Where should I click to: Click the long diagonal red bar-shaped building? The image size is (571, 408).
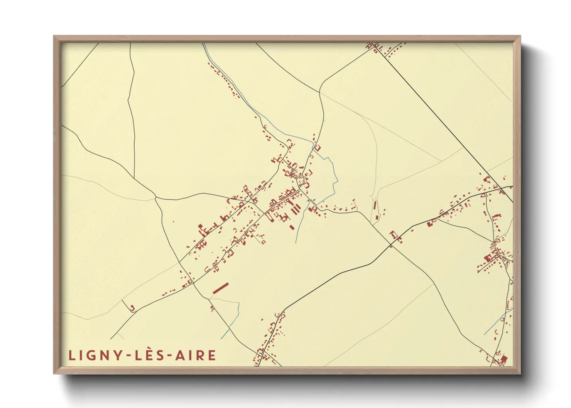click(x=221, y=288)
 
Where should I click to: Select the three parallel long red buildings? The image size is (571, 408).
click(x=296, y=209)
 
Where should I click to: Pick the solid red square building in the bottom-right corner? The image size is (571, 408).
click(x=503, y=359)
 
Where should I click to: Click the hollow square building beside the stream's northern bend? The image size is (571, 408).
click(x=318, y=147)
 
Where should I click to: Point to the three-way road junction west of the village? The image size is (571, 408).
click(x=156, y=198)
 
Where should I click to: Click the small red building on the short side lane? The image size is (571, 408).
click(x=132, y=307)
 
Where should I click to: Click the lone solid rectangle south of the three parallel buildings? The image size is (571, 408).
click(x=292, y=227)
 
